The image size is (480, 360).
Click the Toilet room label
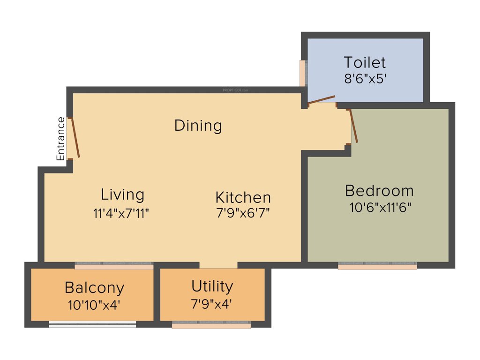point(365,62)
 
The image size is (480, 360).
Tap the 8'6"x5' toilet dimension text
point(365,78)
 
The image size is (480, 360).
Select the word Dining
point(198,126)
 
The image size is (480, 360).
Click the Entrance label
point(61,139)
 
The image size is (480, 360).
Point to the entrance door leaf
point(75,137)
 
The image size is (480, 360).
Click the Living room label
point(122,194)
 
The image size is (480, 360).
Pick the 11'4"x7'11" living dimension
point(121,213)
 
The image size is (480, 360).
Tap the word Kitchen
point(243,197)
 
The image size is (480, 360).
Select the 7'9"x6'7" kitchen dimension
point(243,213)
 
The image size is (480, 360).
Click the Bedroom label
point(379,191)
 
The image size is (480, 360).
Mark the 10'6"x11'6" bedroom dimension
point(380,207)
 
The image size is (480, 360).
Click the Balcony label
point(94,287)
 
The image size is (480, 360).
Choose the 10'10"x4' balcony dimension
point(94,305)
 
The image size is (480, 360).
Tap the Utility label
point(212,286)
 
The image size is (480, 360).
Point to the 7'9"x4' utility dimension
point(211,304)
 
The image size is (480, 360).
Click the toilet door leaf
point(322,99)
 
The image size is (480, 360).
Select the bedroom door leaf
point(354,126)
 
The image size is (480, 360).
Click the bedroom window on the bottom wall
point(377,266)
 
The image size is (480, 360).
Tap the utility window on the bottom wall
point(211,325)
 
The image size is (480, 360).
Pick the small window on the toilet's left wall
point(303,73)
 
